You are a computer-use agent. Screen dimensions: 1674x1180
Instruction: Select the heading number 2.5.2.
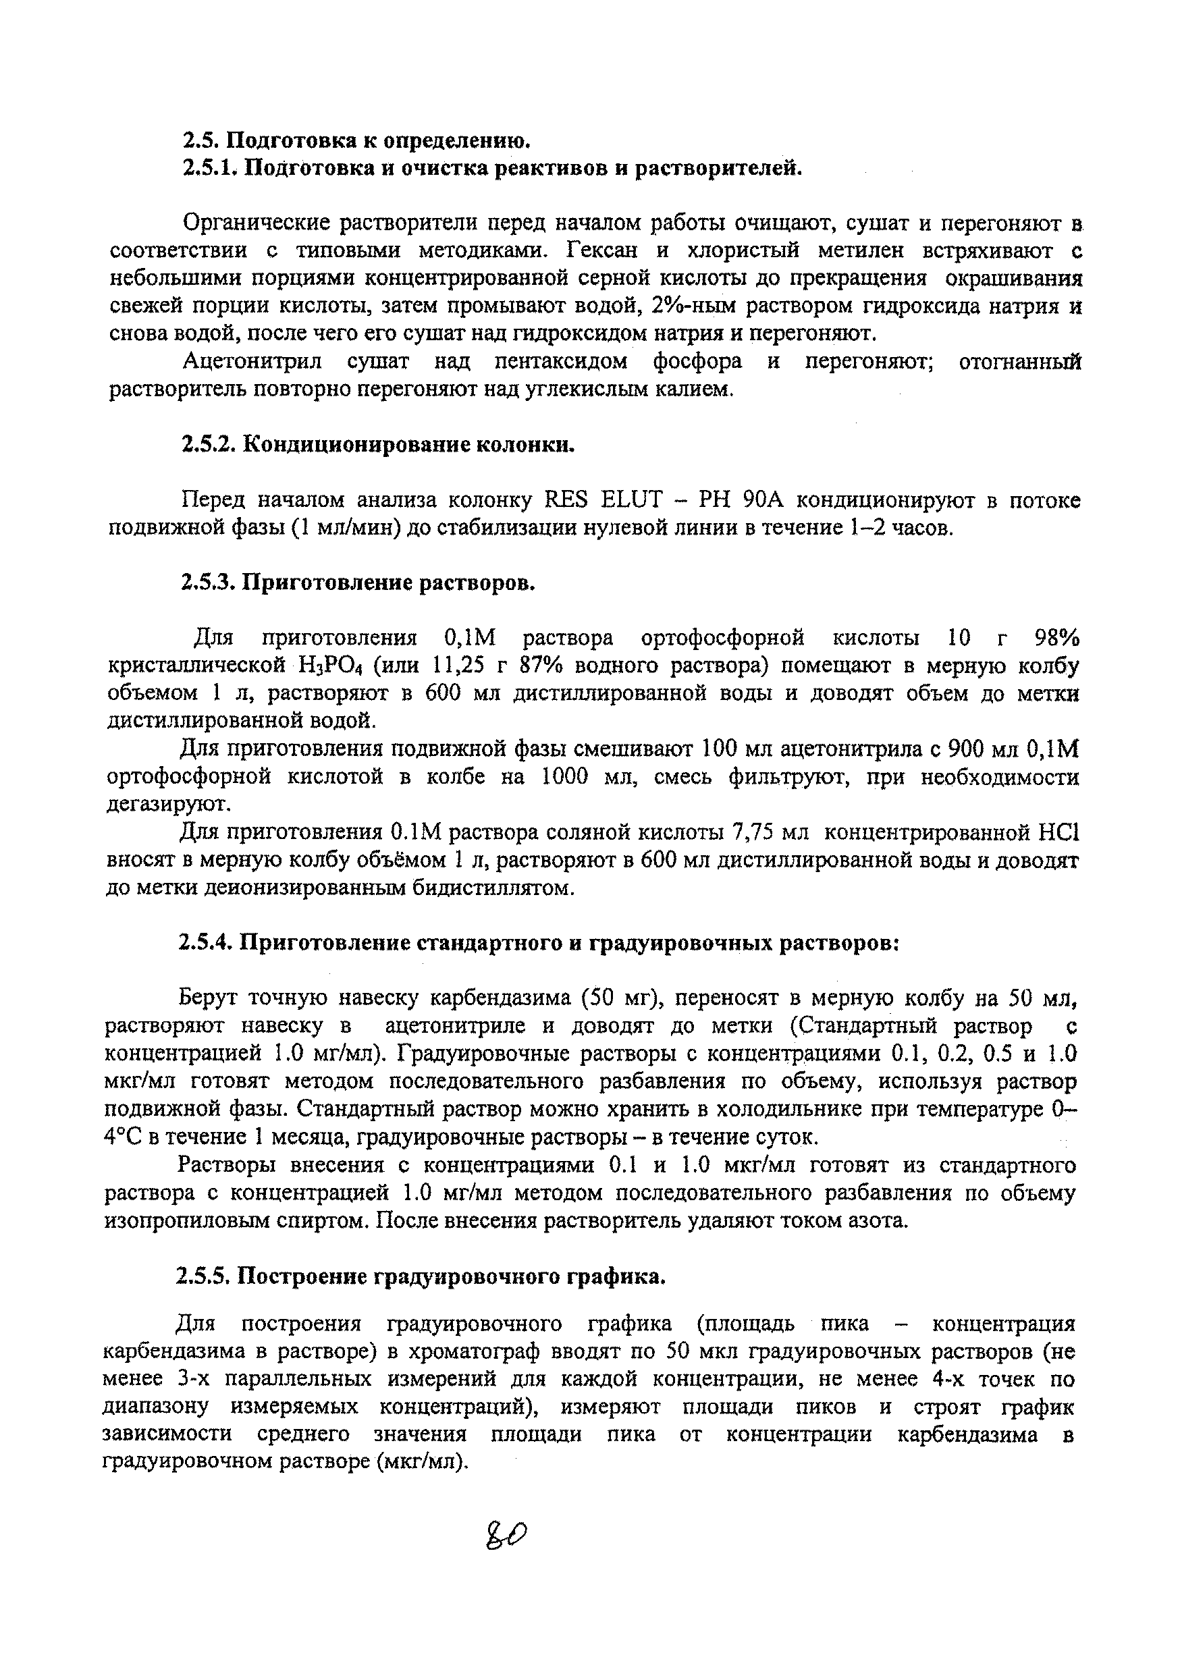[207, 444]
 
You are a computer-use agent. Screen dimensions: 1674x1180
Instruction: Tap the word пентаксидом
[561, 362]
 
